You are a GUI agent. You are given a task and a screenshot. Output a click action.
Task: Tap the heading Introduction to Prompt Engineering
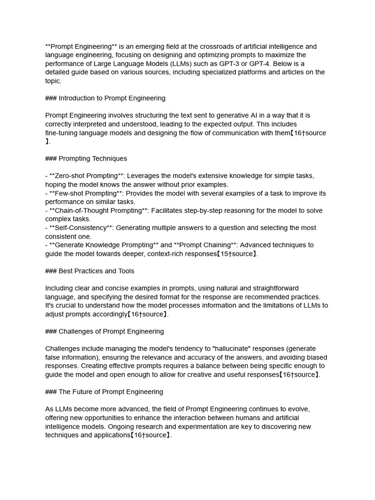point(112,98)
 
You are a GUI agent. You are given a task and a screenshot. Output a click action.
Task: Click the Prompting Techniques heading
point(92,159)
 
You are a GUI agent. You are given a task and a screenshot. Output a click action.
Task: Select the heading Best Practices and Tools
point(96,271)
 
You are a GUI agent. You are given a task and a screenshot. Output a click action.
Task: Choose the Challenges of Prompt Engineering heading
point(111,332)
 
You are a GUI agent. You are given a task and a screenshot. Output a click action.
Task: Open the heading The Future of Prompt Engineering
point(110,392)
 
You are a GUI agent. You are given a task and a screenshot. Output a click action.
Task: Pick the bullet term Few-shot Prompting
point(85,193)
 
